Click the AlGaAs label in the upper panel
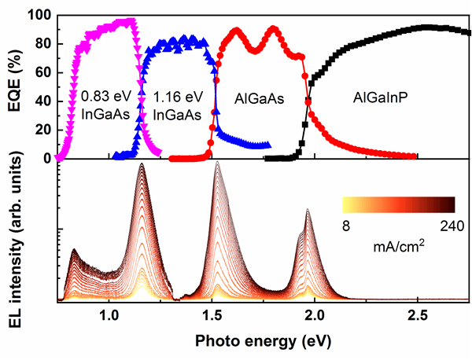[x=260, y=100]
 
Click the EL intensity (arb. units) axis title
[x=13, y=231]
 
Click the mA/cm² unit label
[x=399, y=244]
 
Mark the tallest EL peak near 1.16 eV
[x=142, y=164]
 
